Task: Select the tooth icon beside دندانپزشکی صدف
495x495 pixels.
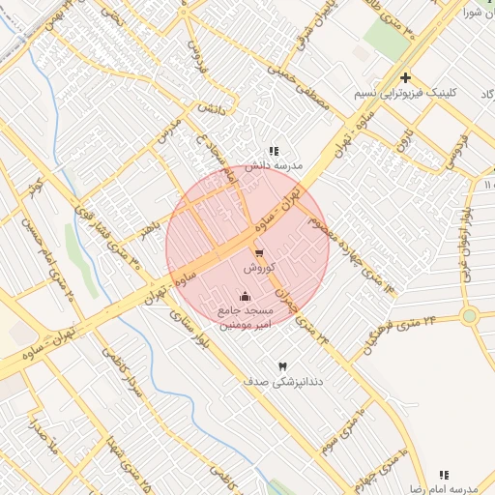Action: coord(281,366)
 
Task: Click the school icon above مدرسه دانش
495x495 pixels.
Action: coord(274,151)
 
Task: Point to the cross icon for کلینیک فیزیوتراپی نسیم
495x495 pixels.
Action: coord(405,77)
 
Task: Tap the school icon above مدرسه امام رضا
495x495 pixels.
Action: coord(444,475)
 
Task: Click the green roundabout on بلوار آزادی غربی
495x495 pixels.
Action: coord(470,316)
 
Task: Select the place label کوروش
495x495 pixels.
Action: coord(260,267)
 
